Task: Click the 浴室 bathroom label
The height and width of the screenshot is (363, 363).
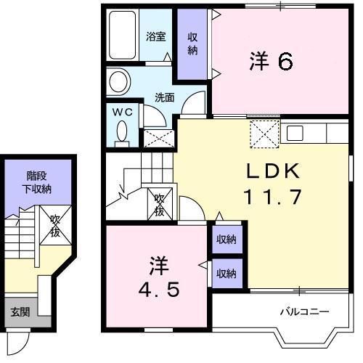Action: click(156, 36)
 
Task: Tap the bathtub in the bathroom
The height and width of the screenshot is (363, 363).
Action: click(122, 35)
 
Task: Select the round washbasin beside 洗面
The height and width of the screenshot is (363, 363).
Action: click(118, 81)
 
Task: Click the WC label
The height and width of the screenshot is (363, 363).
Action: click(123, 112)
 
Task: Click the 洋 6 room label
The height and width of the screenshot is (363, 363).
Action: click(271, 61)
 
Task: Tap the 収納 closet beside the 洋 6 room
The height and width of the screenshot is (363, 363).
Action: click(192, 44)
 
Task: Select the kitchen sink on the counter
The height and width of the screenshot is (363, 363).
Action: click(295, 133)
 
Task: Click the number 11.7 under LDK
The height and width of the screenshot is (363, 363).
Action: click(273, 197)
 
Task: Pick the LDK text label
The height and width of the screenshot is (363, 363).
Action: click(273, 171)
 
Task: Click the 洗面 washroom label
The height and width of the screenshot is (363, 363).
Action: click(165, 97)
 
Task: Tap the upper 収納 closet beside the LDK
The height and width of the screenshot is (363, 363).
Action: click(227, 240)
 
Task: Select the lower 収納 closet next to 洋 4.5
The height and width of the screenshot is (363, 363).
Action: click(227, 274)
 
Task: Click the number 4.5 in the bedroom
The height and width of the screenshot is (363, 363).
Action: click(159, 290)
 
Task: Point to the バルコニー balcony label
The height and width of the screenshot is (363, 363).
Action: click(304, 311)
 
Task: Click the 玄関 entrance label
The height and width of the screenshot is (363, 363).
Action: click(20, 312)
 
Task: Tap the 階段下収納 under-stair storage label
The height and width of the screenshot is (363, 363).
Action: click(37, 182)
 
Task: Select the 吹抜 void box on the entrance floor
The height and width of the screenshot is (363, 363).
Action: click(55, 226)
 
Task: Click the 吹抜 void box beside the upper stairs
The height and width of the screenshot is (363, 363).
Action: click(160, 204)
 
